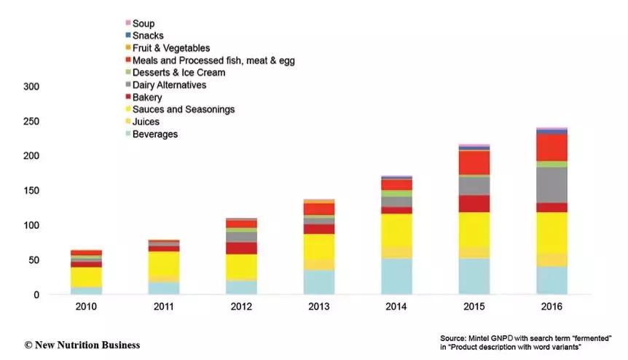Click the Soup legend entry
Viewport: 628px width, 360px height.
pos(144,24)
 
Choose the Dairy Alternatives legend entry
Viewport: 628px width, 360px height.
pos(170,85)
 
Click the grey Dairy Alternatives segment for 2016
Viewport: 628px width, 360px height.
pos(552,185)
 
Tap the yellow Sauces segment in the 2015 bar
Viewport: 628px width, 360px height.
pos(474,229)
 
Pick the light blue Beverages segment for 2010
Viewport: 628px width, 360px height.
pos(87,290)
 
